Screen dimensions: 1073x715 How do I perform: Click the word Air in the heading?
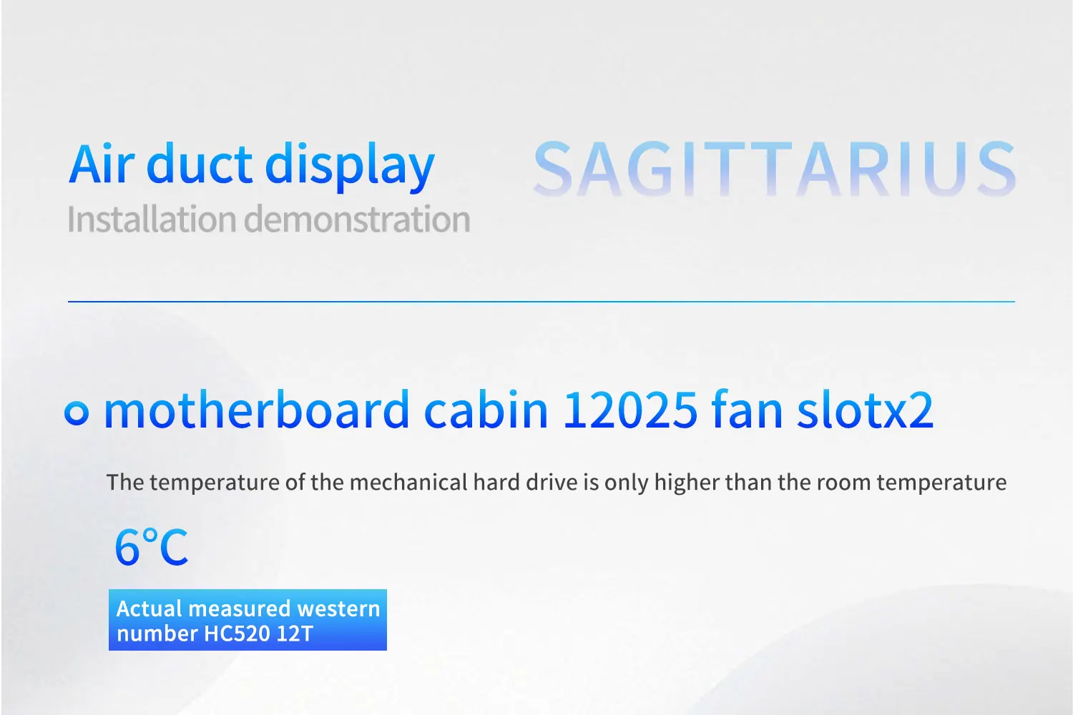click(x=101, y=163)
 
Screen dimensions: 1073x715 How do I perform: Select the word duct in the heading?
click(x=200, y=163)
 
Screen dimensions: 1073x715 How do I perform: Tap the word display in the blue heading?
click(x=350, y=167)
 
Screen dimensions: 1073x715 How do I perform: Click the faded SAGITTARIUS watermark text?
click(x=774, y=169)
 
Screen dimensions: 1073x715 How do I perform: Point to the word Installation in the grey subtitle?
click(x=152, y=220)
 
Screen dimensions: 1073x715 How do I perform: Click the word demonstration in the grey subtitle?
click(x=358, y=220)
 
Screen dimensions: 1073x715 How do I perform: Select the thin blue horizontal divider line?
click(x=542, y=302)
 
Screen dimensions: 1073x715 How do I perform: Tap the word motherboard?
click(x=257, y=410)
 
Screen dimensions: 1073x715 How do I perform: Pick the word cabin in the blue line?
click(x=486, y=410)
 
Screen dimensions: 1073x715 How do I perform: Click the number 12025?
click(x=630, y=410)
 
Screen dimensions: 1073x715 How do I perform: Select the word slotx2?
click(x=865, y=410)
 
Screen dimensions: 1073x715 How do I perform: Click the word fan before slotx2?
click(x=748, y=410)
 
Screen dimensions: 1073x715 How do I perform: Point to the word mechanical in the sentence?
click(x=408, y=482)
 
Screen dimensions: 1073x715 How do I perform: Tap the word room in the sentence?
click(x=843, y=483)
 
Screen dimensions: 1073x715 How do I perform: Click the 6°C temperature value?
click(x=152, y=547)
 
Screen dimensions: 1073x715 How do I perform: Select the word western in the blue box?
click(x=338, y=608)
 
